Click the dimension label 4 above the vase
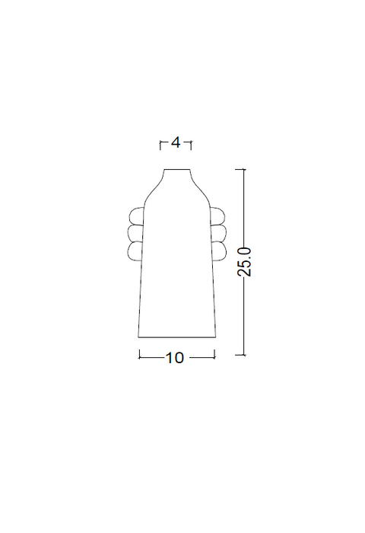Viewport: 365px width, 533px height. [x=176, y=143]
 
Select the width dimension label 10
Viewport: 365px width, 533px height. [x=175, y=357]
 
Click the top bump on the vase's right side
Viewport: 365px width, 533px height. [x=217, y=215]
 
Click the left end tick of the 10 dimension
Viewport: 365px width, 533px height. [x=138, y=354]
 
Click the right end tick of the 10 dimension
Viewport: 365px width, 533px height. [x=216, y=354]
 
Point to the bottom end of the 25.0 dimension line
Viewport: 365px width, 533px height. [x=243, y=354]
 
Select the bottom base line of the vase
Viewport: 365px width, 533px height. [x=177, y=337]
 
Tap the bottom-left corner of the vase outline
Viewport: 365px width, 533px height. [x=138, y=337]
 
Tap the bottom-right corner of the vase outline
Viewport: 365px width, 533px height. [x=217, y=337]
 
